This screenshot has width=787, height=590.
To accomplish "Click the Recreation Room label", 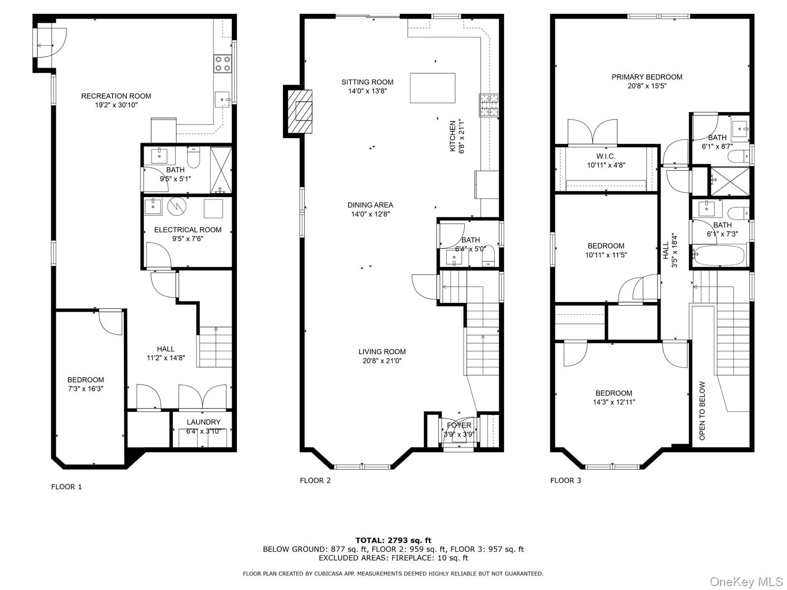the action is click(116, 96).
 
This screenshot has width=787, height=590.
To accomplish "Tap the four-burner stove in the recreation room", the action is click(222, 64).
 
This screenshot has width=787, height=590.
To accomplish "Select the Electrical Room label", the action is click(187, 230).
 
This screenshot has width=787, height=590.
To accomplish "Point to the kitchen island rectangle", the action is click(432, 88).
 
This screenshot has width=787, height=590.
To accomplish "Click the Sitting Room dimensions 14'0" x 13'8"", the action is click(367, 91).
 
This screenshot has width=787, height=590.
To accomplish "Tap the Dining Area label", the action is click(370, 205).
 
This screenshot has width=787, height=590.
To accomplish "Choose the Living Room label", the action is click(382, 352).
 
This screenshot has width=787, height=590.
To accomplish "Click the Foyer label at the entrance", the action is click(459, 425).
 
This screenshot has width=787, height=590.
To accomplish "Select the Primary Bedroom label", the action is click(647, 77).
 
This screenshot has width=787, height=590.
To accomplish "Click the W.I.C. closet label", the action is click(606, 156).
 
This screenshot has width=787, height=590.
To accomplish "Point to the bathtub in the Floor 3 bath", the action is click(718, 255).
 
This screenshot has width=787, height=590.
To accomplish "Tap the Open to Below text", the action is click(702, 411).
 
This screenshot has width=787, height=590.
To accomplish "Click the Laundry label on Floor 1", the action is click(203, 422).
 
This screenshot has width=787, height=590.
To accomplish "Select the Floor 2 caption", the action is click(315, 480).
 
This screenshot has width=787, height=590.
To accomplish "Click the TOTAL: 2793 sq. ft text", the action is click(393, 540).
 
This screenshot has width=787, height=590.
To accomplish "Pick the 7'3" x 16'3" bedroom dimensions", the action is click(86, 389).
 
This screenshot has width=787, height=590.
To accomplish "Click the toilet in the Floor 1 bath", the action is click(193, 158).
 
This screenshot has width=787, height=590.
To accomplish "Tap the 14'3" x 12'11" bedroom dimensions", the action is click(614, 402).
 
